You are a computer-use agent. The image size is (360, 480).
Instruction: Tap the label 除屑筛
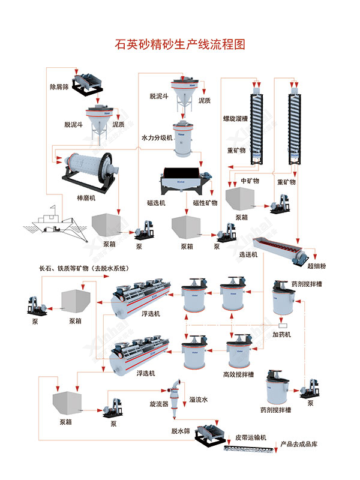(x=61, y=86)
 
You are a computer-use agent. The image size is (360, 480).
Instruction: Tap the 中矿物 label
(x=249, y=180)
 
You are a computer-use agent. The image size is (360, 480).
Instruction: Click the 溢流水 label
(x=199, y=399)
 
